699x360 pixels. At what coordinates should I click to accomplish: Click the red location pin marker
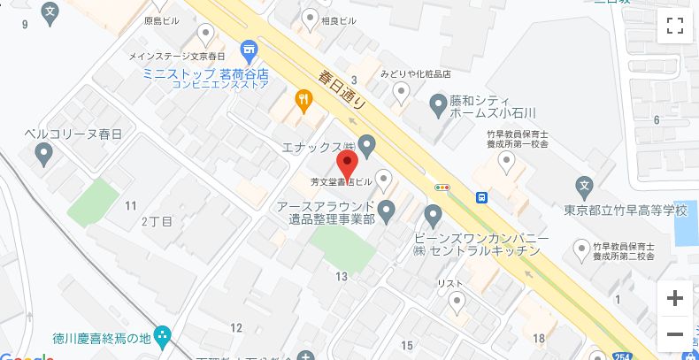coord(348,165)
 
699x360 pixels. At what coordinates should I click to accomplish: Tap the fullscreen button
coord(675,26)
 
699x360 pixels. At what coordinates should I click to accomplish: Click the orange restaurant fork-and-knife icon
coord(304,101)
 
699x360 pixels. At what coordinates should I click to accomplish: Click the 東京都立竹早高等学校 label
coord(626,211)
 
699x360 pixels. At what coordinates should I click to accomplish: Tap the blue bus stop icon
coord(482,197)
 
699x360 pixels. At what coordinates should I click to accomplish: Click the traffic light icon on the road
coord(442,187)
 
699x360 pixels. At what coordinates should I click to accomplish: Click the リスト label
coord(450,282)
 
